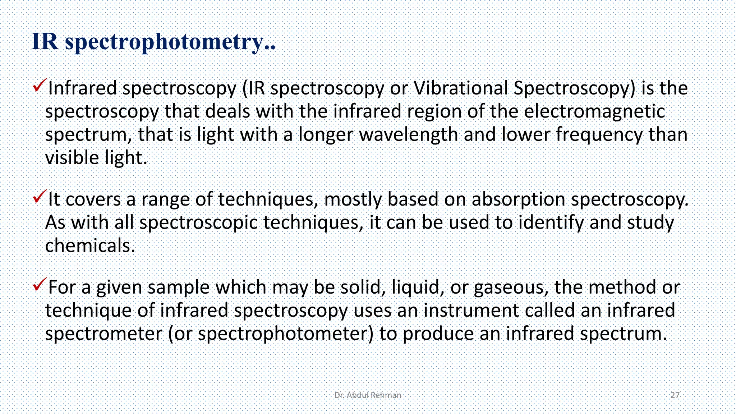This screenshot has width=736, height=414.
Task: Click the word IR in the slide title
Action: pyautogui.click(x=45, y=41)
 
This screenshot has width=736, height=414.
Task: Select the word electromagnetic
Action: pyautogui.click(x=594, y=111)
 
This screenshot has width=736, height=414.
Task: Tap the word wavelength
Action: pyautogui.click(x=409, y=135)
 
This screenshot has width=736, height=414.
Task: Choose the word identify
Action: pyautogui.click(x=551, y=223)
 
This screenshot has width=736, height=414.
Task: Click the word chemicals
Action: pyautogui.click(x=90, y=246)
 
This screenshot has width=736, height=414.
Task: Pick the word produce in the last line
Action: pyautogui.click(x=438, y=334)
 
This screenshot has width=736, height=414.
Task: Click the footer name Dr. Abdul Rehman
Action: pyautogui.click(x=368, y=395)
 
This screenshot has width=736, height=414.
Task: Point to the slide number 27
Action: pyautogui.click(x=675, y=395)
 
